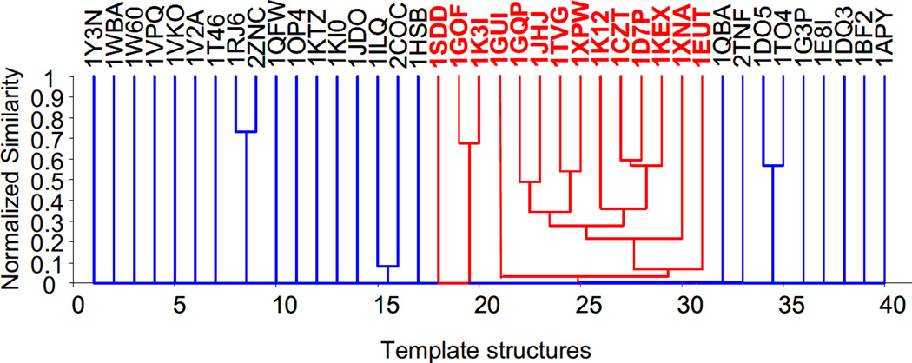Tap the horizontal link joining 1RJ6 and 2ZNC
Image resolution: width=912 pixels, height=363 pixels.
coord(246,132)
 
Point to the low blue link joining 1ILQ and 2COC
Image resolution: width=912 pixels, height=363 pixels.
coord(388,266)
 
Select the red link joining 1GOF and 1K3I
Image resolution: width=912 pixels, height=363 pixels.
coord(469,143)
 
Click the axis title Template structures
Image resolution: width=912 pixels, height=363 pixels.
coord(486,347)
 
